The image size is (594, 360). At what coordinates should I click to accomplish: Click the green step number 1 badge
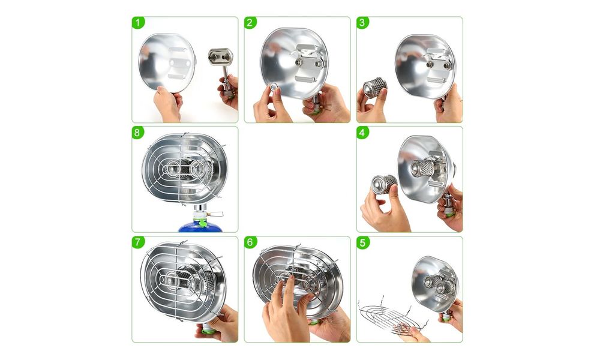pyautogui.click(x=138, y=23)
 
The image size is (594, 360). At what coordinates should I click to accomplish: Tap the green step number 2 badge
pyautogui.click(x=250, y=23)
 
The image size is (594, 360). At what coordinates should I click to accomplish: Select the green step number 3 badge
pyautogui.click(x=362, y=23)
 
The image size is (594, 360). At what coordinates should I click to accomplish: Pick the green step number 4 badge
pyautogui.click(x=362, y=133)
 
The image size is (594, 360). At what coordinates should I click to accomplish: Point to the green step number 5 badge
pyautogui.click(x=362, y=242)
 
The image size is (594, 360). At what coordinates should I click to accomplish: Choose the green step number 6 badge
pyautogui.click(x=250, y=242)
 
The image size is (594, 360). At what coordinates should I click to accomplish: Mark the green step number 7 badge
pyautogui.click(x=138, y=242)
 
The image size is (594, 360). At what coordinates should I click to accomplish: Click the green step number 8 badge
pyautogui.click(x=138, y=133)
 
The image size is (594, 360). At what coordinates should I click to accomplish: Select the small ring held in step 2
pyautogui.click(x=274, y=88)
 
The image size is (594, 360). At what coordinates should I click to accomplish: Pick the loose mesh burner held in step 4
pyautogui.click(x=383, y=185)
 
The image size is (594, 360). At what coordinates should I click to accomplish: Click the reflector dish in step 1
pyautogui.click(x=167, y=63)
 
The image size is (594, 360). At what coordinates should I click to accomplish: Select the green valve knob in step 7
pyautogui.click(x=208, y=331)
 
